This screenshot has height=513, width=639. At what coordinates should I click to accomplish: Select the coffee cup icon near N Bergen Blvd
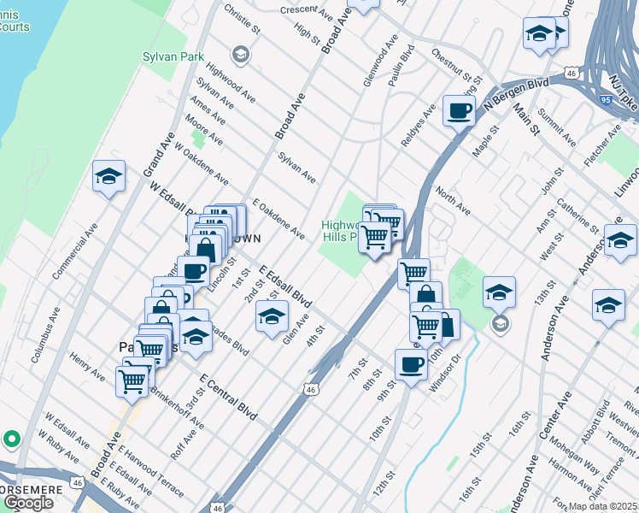459,110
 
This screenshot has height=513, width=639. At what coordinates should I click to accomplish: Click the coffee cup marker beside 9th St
411,364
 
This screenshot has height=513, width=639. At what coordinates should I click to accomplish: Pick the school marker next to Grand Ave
108,177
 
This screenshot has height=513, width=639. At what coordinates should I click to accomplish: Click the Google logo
28,503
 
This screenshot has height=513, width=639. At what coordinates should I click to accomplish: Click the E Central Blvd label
228,395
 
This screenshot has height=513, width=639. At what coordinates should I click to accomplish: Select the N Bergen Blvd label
516,96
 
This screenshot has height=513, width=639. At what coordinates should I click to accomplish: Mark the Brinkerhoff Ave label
177,406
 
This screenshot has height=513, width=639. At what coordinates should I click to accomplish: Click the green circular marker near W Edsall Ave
11,439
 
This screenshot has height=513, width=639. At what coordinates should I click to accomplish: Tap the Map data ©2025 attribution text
603,506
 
